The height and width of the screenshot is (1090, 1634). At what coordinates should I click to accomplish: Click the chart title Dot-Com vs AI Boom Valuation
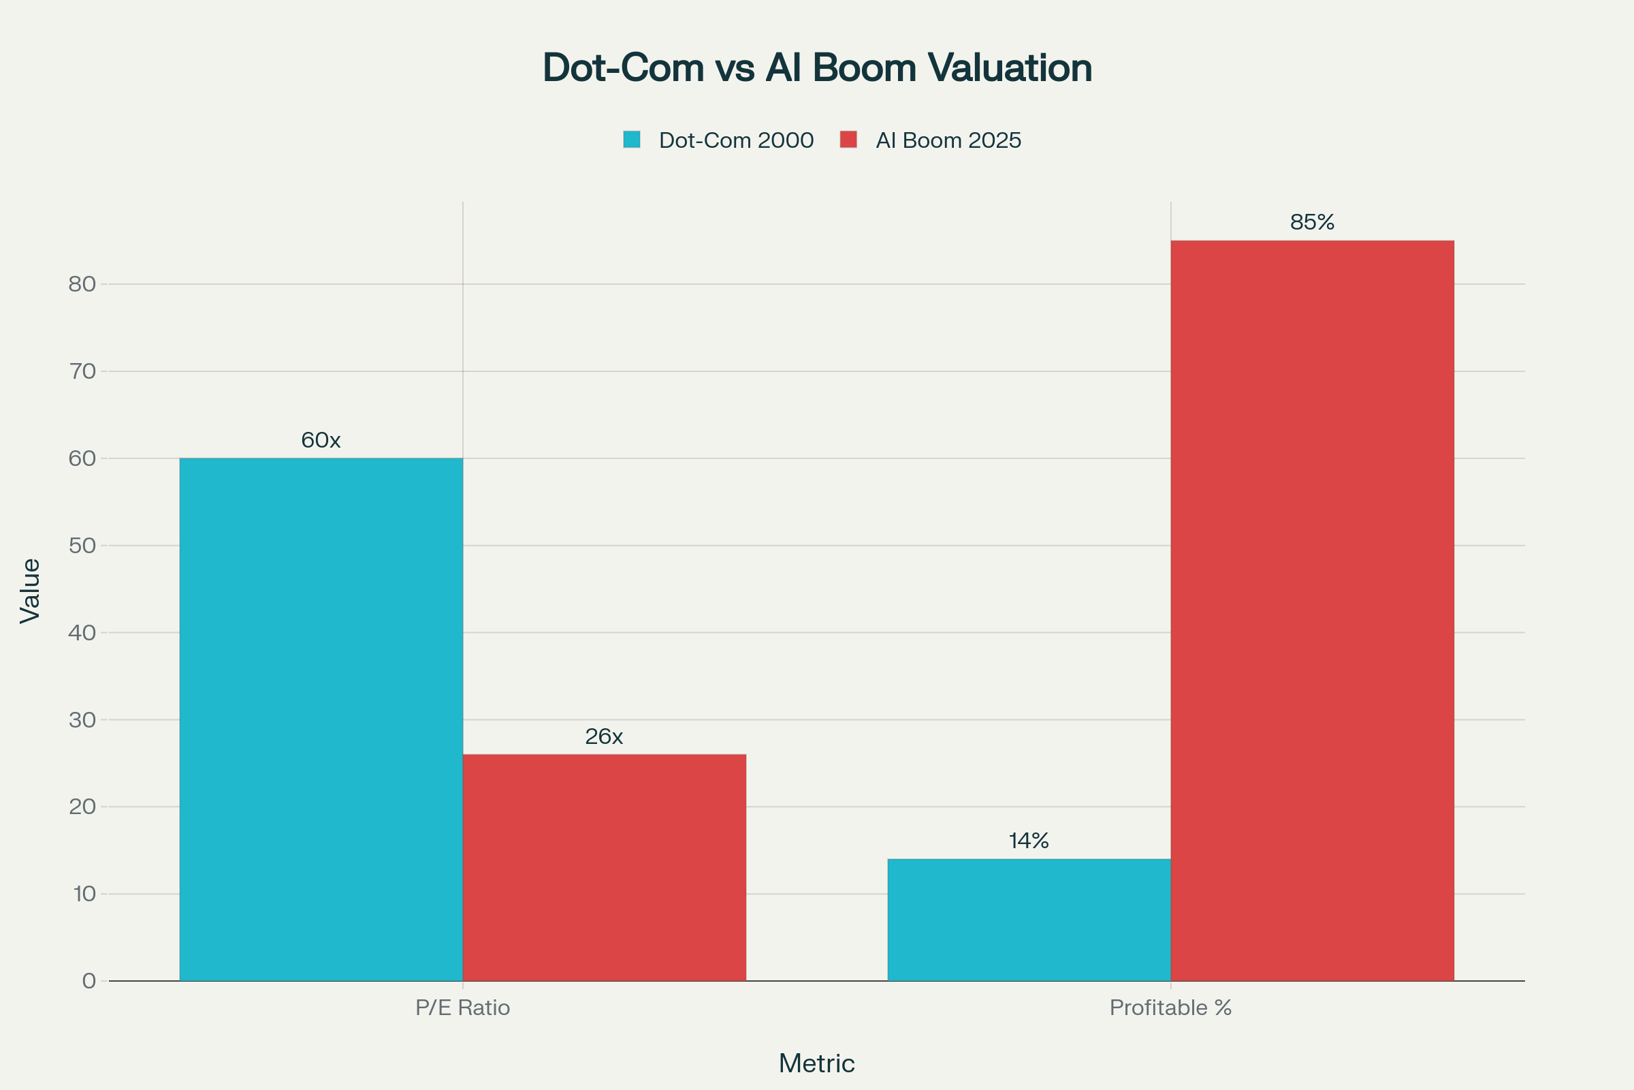tap(817, 68)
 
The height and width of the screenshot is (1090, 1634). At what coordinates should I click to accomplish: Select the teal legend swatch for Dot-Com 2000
tap(632, 140)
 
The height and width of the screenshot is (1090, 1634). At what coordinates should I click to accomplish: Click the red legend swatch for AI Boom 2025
tap(848, 140)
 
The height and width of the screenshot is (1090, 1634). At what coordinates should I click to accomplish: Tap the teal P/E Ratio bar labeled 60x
tap(321, 719)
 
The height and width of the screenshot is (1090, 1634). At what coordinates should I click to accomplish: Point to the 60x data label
tap(321, 440)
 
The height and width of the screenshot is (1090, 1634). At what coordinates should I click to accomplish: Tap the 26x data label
tap(605, 736)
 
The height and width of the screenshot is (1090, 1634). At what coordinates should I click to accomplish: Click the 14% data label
tap(1029, 841)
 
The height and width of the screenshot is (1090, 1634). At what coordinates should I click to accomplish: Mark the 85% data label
tap(1313, 223)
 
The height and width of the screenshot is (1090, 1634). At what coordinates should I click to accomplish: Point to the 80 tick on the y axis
tap(82, 284)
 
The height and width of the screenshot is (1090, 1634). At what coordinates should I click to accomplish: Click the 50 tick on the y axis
tap(82, 546)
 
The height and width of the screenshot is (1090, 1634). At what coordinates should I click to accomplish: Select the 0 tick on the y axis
tap(89, 981)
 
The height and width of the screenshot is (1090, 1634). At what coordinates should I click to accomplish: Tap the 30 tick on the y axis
tap(82, 719)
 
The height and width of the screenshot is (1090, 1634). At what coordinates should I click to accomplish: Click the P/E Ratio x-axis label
tap(463, 1008)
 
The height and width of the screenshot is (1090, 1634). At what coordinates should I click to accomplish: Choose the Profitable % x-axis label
tap(1170, 1008)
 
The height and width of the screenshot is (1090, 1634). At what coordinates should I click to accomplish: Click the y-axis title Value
tap(30, 591)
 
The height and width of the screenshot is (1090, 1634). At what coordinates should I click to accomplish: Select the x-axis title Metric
tap(817, 1063)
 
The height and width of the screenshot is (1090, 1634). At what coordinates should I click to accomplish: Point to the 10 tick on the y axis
tap(83, 894)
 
